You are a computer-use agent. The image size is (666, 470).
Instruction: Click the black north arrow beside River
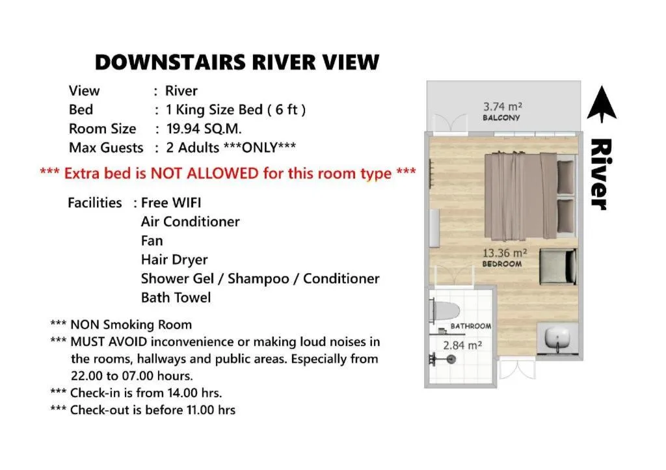tap(602, 104)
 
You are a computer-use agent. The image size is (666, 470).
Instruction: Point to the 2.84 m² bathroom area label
tap(462, 346)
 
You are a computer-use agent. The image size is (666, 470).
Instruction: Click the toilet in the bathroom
tap(444, 311)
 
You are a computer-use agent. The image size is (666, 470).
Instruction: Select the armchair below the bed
tap(558, 267)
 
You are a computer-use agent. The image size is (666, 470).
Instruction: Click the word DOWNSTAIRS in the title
tap(170, 62)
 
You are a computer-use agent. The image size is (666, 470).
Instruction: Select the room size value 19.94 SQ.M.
tap(204, 129)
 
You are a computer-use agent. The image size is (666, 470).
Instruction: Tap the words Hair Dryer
tap(174, 259)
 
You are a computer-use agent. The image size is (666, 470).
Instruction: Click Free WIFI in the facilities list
tap(171, 203)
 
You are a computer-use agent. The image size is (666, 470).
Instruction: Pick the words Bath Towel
tap(176, 297)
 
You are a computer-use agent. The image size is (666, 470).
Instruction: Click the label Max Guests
tap(106, 148)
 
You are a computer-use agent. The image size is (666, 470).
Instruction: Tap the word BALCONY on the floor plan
tap(501, 118)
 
